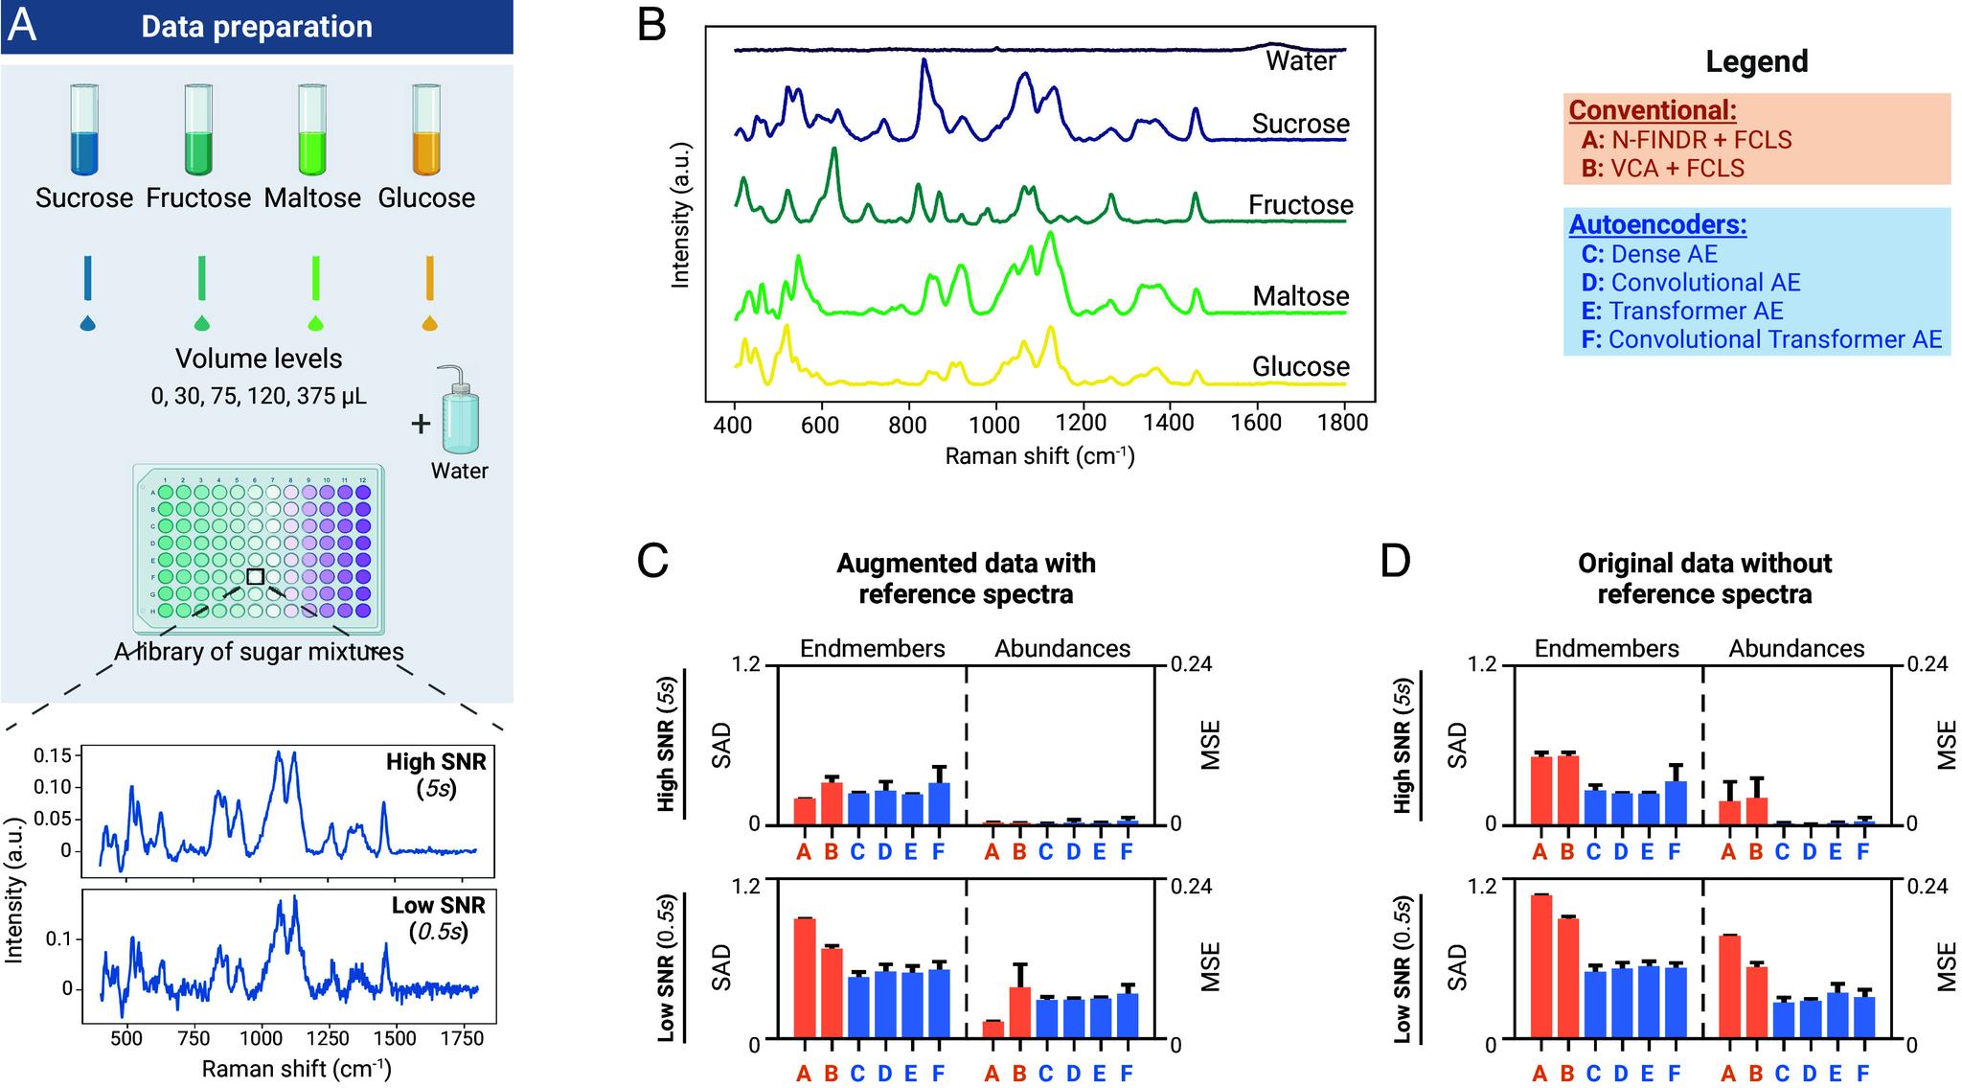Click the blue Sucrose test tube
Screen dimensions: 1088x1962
tap(84, 130)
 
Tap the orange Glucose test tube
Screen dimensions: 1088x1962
tap(426, 130)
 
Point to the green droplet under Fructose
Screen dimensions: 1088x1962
tap(201, 323)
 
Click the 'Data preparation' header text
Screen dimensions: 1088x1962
tap(257, 27)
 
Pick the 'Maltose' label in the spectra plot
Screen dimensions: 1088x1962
tap(1301, 296)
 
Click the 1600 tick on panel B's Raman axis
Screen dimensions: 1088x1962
tap(1256, 423)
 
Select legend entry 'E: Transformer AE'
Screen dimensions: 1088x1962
tap(1682, 311)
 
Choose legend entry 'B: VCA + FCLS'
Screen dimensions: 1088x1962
tap(1662, 168)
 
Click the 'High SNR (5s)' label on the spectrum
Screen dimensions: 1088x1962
tap(436, 775)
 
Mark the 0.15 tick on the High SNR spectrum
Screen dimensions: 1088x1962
tap(52, 755)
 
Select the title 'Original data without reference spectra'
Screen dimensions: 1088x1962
tap(1704, 578)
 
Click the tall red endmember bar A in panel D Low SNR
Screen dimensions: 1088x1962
tap(1540, 967)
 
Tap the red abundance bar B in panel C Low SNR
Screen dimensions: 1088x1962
tap(1019, 1013)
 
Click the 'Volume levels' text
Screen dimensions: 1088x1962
tap(259, 359)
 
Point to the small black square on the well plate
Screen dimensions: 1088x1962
tap(255, 576)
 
